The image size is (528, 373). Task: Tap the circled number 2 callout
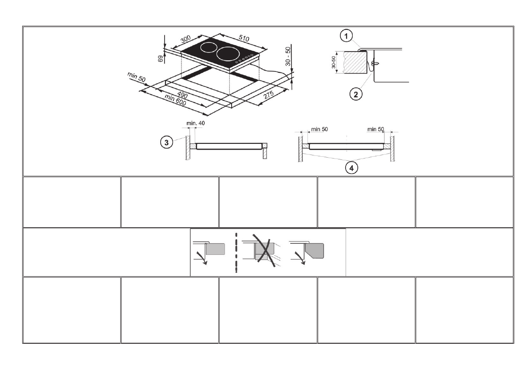coord(354,94)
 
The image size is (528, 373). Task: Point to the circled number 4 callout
coord(351,168)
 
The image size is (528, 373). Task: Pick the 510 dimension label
coord(244,38)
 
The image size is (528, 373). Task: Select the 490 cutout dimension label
coord(182,95)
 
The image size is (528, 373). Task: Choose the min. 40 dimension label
coord(196,123)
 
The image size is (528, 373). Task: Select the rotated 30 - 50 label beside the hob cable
coord(288,56)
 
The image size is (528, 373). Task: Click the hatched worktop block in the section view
coord(355,62)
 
